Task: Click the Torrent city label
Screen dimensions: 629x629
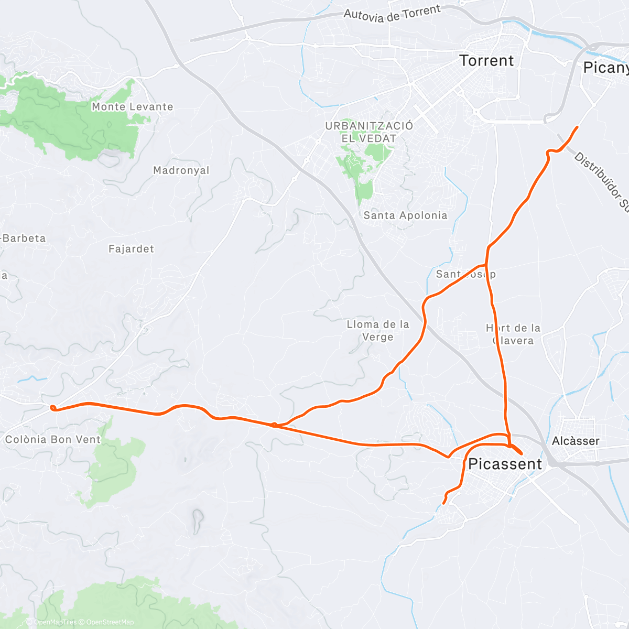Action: click(486, 61)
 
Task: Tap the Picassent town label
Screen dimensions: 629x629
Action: click(505, 464)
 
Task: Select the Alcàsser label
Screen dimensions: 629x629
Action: click(575, 441)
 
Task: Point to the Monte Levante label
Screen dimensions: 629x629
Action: click(132, 107)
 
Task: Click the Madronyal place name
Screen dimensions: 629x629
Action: click(181, 170)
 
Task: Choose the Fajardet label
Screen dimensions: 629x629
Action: click(131, 249)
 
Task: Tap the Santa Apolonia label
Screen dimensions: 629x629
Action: click(405, 215)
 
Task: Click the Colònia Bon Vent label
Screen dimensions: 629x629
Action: click(52, 440)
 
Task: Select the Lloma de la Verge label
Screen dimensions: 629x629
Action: click(377, 331)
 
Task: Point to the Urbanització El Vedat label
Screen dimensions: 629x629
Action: click(369, 132)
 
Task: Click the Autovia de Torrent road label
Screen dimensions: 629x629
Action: click(392, 14)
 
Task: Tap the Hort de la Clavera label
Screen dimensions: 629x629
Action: click(513, 334)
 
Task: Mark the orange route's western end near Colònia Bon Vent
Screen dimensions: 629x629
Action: click(52, 408)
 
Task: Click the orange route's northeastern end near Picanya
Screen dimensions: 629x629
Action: click(577, 127)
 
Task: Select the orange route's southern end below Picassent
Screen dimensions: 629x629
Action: click(444, 503)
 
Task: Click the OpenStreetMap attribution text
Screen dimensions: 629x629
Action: click(110, 622)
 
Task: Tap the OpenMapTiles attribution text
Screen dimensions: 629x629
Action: click(55, 622)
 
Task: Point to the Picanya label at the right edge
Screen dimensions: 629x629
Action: click(605, 68)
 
